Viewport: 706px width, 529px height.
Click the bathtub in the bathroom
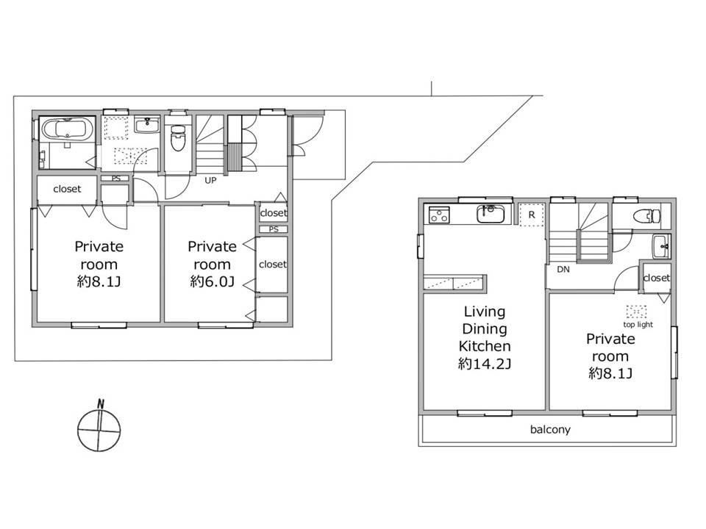[67, 129]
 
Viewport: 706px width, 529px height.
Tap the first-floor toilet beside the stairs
[178, 137]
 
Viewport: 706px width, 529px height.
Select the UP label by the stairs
[210, 181]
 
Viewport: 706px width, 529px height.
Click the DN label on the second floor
[563, 270]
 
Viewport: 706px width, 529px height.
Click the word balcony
[550, 430]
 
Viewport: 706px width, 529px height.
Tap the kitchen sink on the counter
[491, 214]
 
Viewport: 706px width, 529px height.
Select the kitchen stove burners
[438, 215]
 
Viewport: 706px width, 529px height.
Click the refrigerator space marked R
[532, 215]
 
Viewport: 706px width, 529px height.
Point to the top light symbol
[637, 312]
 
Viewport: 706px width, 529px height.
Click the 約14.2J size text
[485, 364]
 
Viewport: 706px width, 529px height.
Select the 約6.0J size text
[212, 281]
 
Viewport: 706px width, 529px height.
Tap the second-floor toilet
[646, 217]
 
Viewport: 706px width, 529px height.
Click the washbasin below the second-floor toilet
[661, 246]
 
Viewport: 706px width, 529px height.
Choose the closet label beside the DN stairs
[657, 278]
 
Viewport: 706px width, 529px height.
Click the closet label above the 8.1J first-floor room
[67, 189]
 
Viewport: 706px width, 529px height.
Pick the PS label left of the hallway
[116, 179]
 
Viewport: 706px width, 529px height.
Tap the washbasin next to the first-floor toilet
[147, 125]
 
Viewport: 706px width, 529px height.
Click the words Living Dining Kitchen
[485, 329]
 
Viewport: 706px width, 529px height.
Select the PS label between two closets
[274, 229]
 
